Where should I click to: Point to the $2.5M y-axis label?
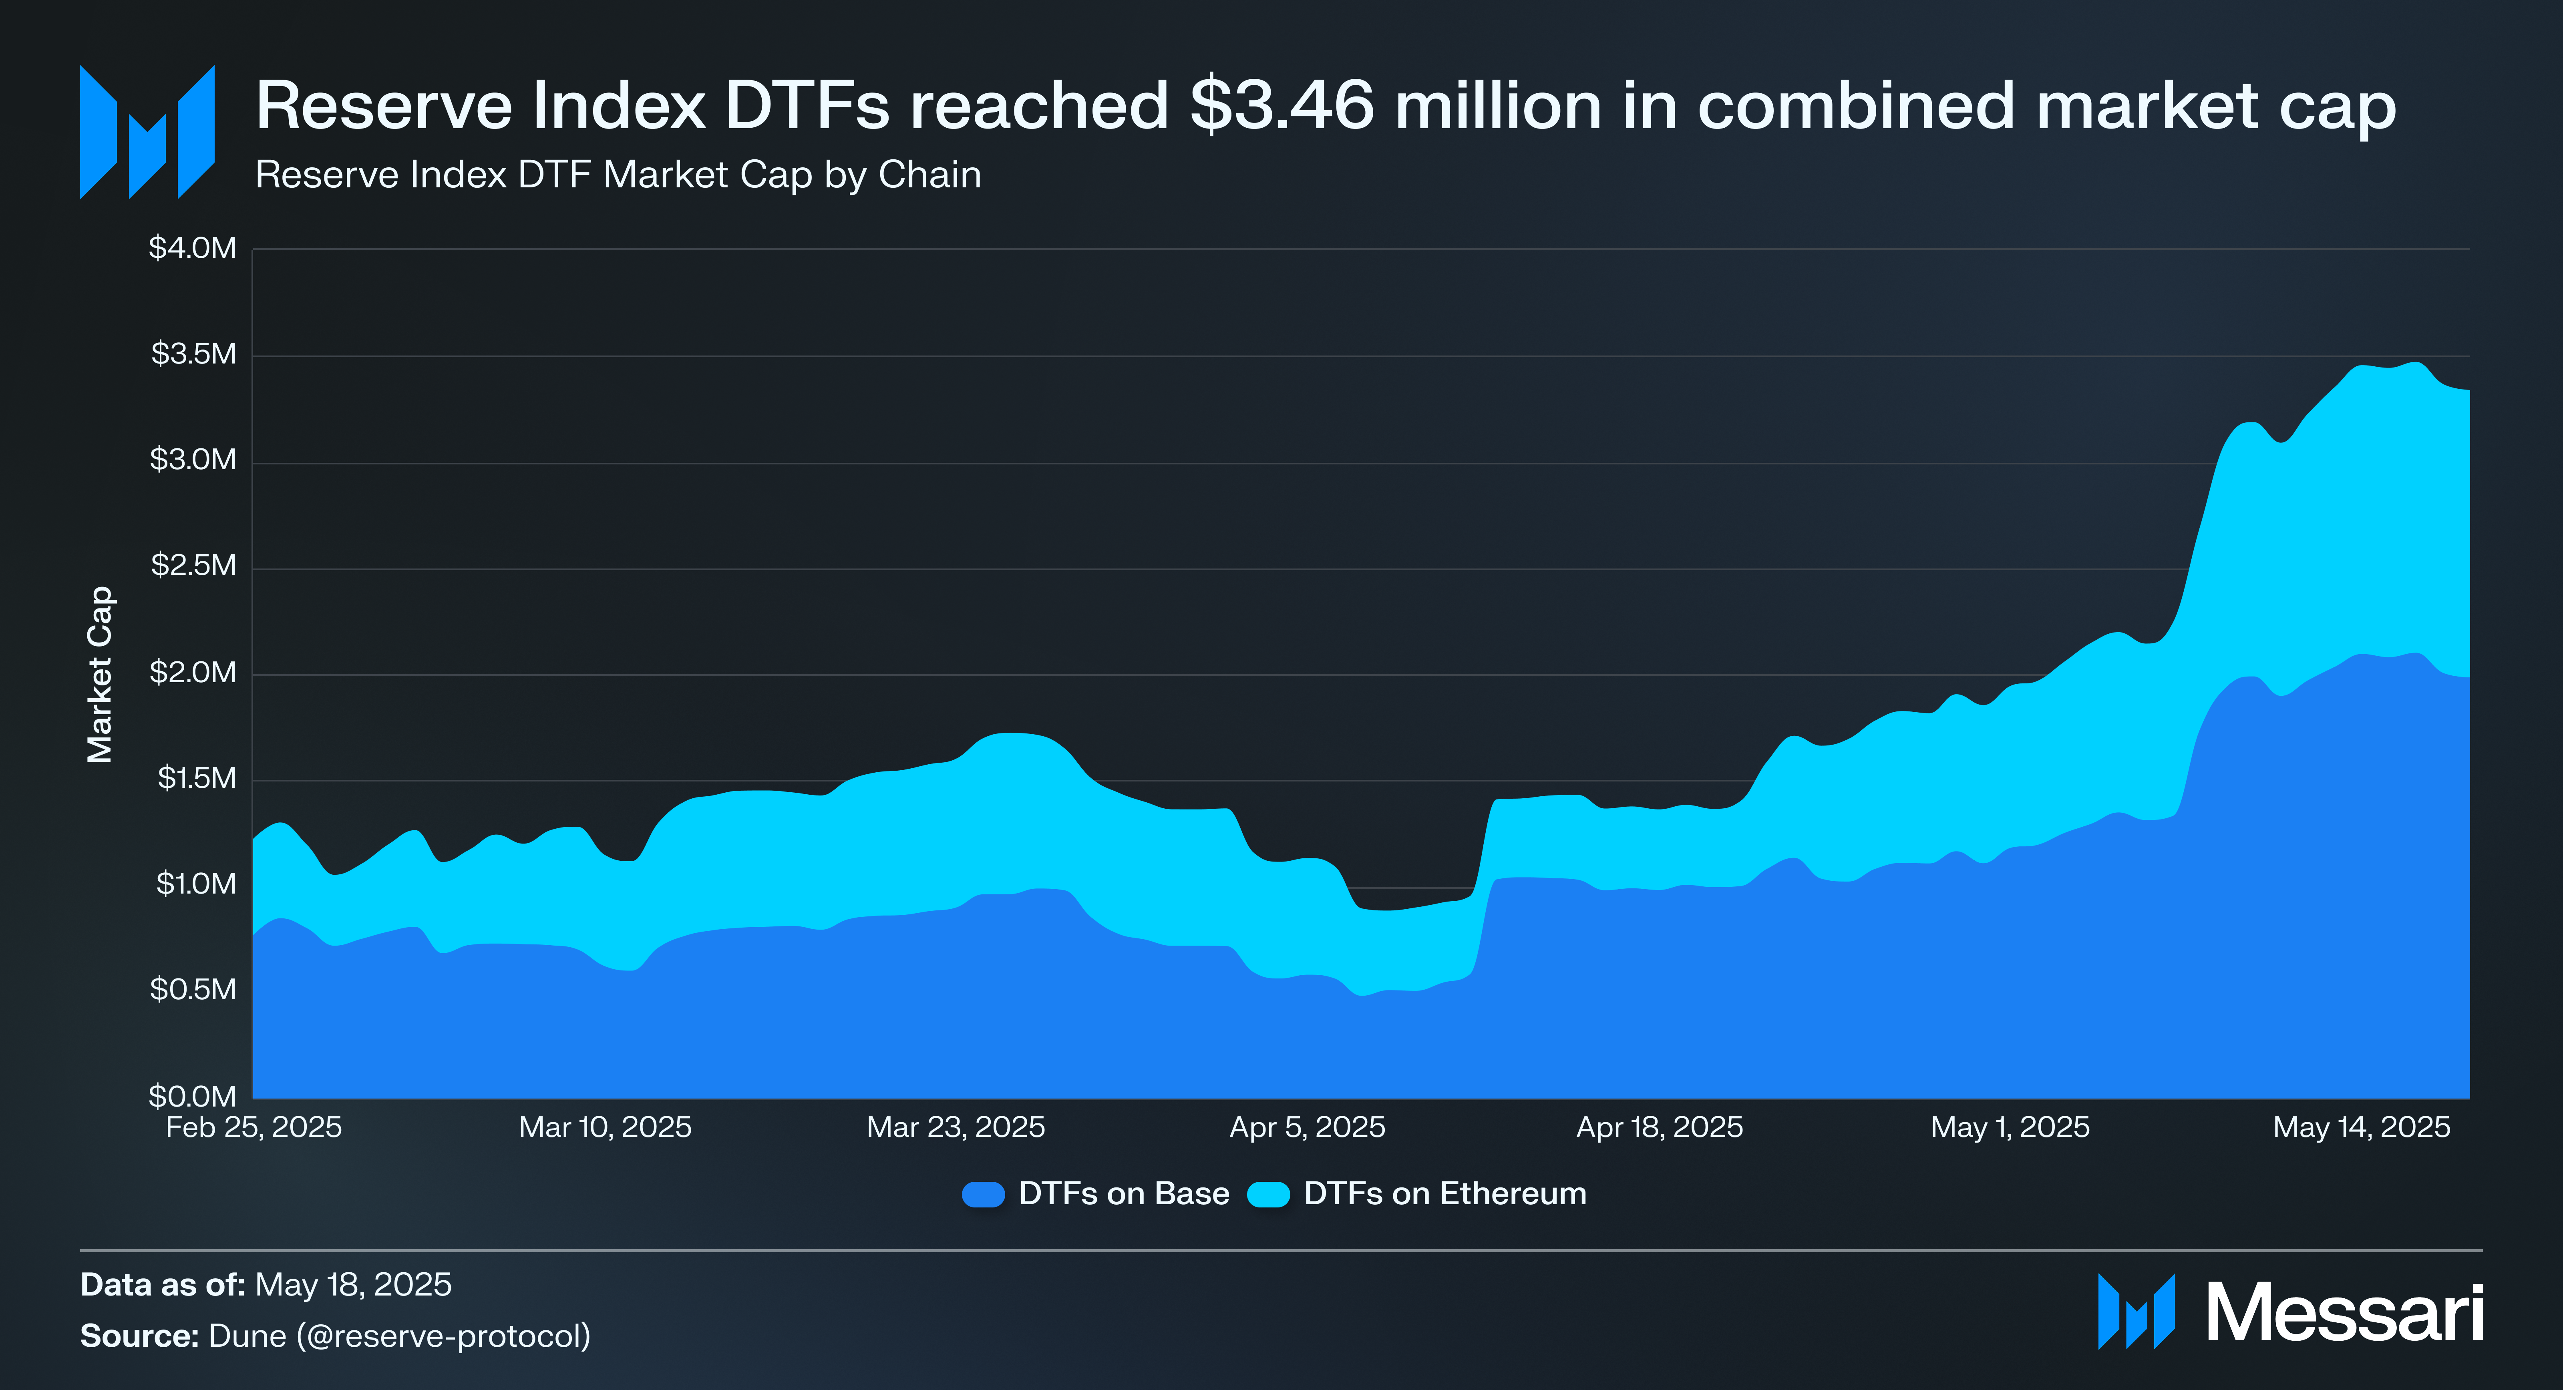point(193,565)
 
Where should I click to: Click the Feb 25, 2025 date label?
point(254,1127)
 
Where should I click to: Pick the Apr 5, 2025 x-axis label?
point(1308,1127)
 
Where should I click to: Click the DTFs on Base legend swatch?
point(983,1194)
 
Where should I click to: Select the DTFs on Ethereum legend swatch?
point(1269,1194)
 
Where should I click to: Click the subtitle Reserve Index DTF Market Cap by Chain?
point(618,175)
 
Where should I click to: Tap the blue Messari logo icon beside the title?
point(147,133)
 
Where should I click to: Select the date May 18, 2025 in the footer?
point(353,1285)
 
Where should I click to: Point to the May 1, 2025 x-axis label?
point(2010,1127)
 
